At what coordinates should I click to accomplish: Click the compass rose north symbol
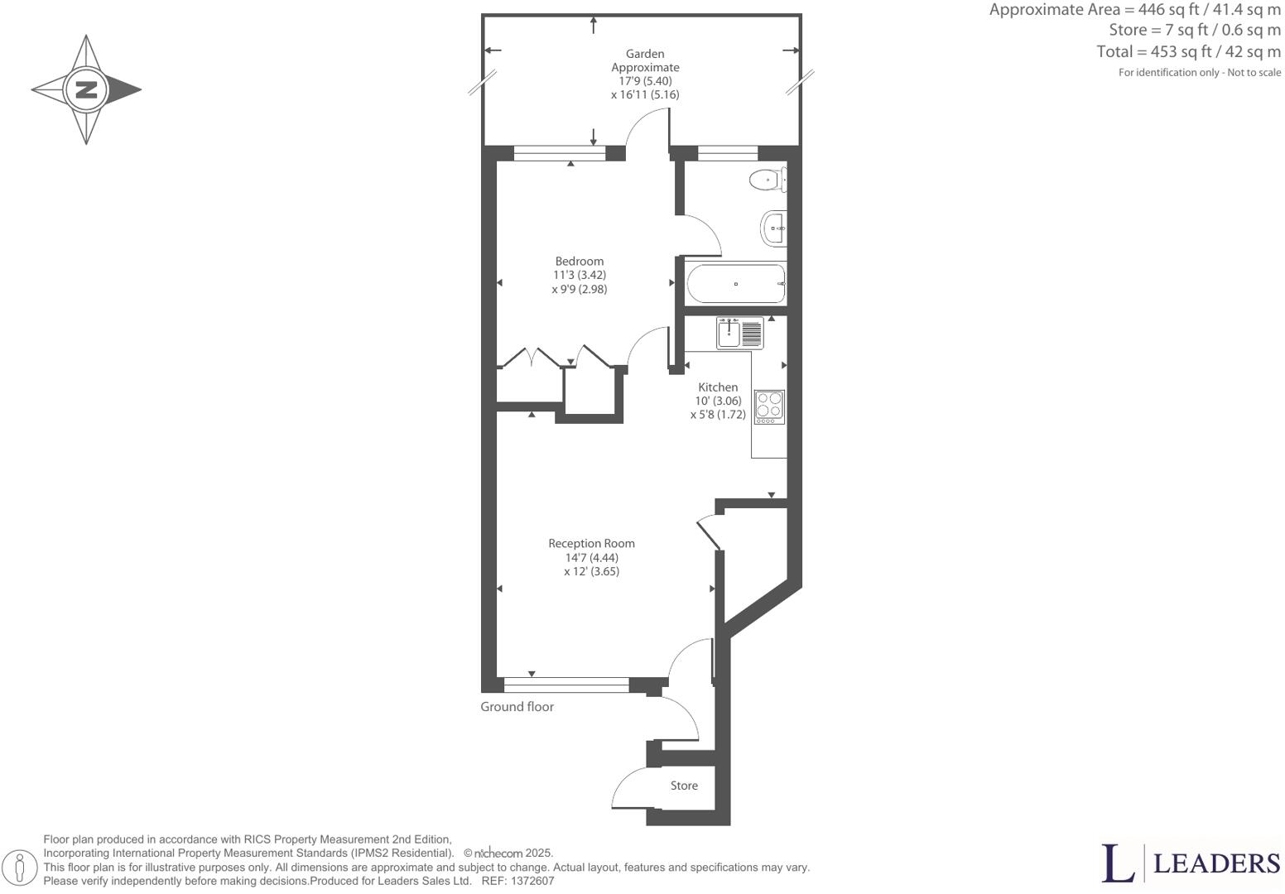pos(86,89)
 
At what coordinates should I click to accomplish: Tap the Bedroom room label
pos(579,261)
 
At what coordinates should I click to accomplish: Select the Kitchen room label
pos(717,387)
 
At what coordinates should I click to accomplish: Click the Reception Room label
pos(591,543)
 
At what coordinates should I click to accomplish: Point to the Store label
pos(684,786)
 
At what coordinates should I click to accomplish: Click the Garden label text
pos(645,54)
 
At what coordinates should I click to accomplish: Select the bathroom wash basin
pos(773,227)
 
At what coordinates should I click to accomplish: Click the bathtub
pos(735,284)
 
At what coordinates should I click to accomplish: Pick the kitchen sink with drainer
pos(739,333)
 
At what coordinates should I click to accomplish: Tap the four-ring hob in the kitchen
pos(769,406)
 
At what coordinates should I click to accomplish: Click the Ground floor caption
pos(517,706)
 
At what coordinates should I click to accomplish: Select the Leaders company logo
pos(1191,863)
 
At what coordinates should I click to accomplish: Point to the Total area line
pos(1188,51)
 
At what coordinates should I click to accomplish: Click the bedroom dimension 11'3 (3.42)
pos(579,275)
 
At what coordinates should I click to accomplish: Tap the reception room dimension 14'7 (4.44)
pos(591,557)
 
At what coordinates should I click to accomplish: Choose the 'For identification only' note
pos(1199,73)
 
